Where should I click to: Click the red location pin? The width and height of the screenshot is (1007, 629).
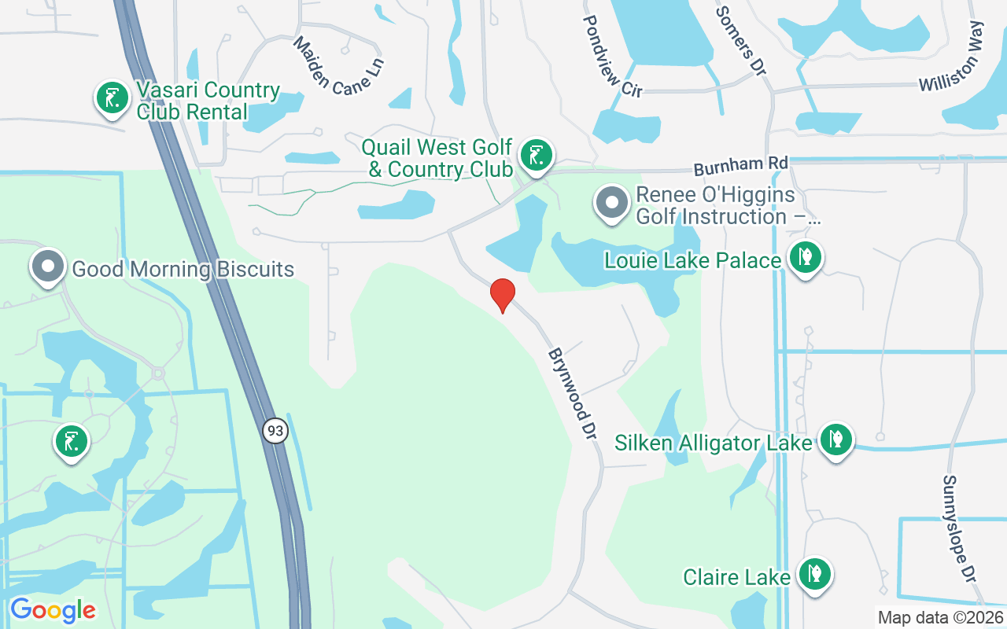[502, 294]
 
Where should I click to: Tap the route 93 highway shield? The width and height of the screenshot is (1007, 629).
[275, 431]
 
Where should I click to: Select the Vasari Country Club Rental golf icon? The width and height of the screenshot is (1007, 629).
[113, 98]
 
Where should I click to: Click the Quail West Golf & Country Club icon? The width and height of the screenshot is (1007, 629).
[537, 154]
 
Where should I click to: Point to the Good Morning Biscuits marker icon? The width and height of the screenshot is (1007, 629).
[48, 266]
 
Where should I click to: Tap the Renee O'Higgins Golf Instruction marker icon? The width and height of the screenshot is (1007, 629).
[612, 203]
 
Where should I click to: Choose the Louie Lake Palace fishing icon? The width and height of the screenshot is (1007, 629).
[804, 257]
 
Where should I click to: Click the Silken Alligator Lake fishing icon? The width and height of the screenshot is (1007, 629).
[835, 440]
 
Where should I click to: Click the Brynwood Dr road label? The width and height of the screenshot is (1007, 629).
[570, 393]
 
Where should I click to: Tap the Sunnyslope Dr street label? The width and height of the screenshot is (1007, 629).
[959, 528]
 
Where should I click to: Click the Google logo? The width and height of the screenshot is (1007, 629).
[53, 610]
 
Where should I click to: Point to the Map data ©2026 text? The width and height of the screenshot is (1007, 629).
[940, 617]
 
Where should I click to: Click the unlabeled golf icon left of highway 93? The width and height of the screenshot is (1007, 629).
[72, 440]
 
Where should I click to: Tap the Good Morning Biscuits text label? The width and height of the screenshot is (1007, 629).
[183, 270]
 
